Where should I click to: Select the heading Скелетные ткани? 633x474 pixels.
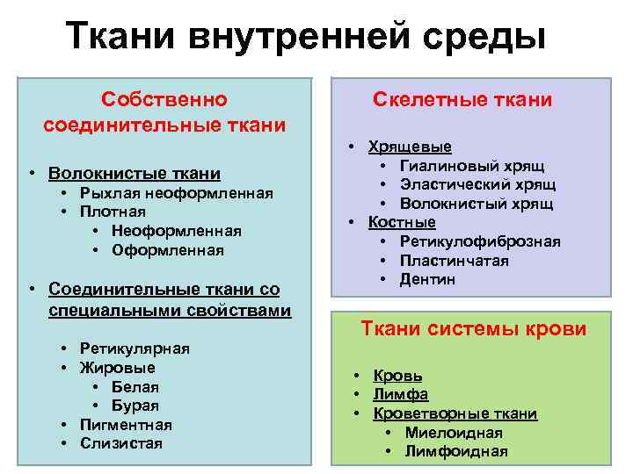pyautogui.click(x=462, y=100)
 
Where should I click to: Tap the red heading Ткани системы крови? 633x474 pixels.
pyautogui.click(x=474, y=329)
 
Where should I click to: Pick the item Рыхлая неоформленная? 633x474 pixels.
pyautogui.click(x=177, y=193)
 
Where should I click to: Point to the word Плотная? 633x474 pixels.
pyautogui.click(x=113, y=212)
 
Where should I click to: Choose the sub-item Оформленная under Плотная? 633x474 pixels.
pyautogui.click(x=168, y=250)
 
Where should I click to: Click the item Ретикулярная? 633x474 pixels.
pyautogui.click(x=135, y=348)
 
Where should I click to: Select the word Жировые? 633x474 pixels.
pyautogui.click(x=117, y=367)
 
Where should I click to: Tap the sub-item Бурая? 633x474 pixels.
pyautogui.click(x=135, y=406)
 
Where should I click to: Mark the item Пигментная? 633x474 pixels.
pyautogui.click(x=126, y=425)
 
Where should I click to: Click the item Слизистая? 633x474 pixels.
pyautogui.click(x=121, y=443)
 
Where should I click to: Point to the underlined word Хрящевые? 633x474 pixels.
pyautogui.click(x=410, y=147)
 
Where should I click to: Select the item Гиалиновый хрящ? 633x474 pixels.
pyautogui.click(x=472, y=165)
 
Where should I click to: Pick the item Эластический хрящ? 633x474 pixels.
pyautogui.click(x=477, y=184)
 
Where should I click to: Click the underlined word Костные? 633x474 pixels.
pyautogui.click(x=402, y=222)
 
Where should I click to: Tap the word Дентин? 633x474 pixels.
pyautogui.click(x=428, y=279)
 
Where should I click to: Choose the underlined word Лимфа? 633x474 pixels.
pyautogui.click(x=397, y=394)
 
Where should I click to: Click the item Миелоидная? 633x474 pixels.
pyautogui.click(x=454, y=432)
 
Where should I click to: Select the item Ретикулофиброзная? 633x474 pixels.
pyautogui.click(x=480, y=241)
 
